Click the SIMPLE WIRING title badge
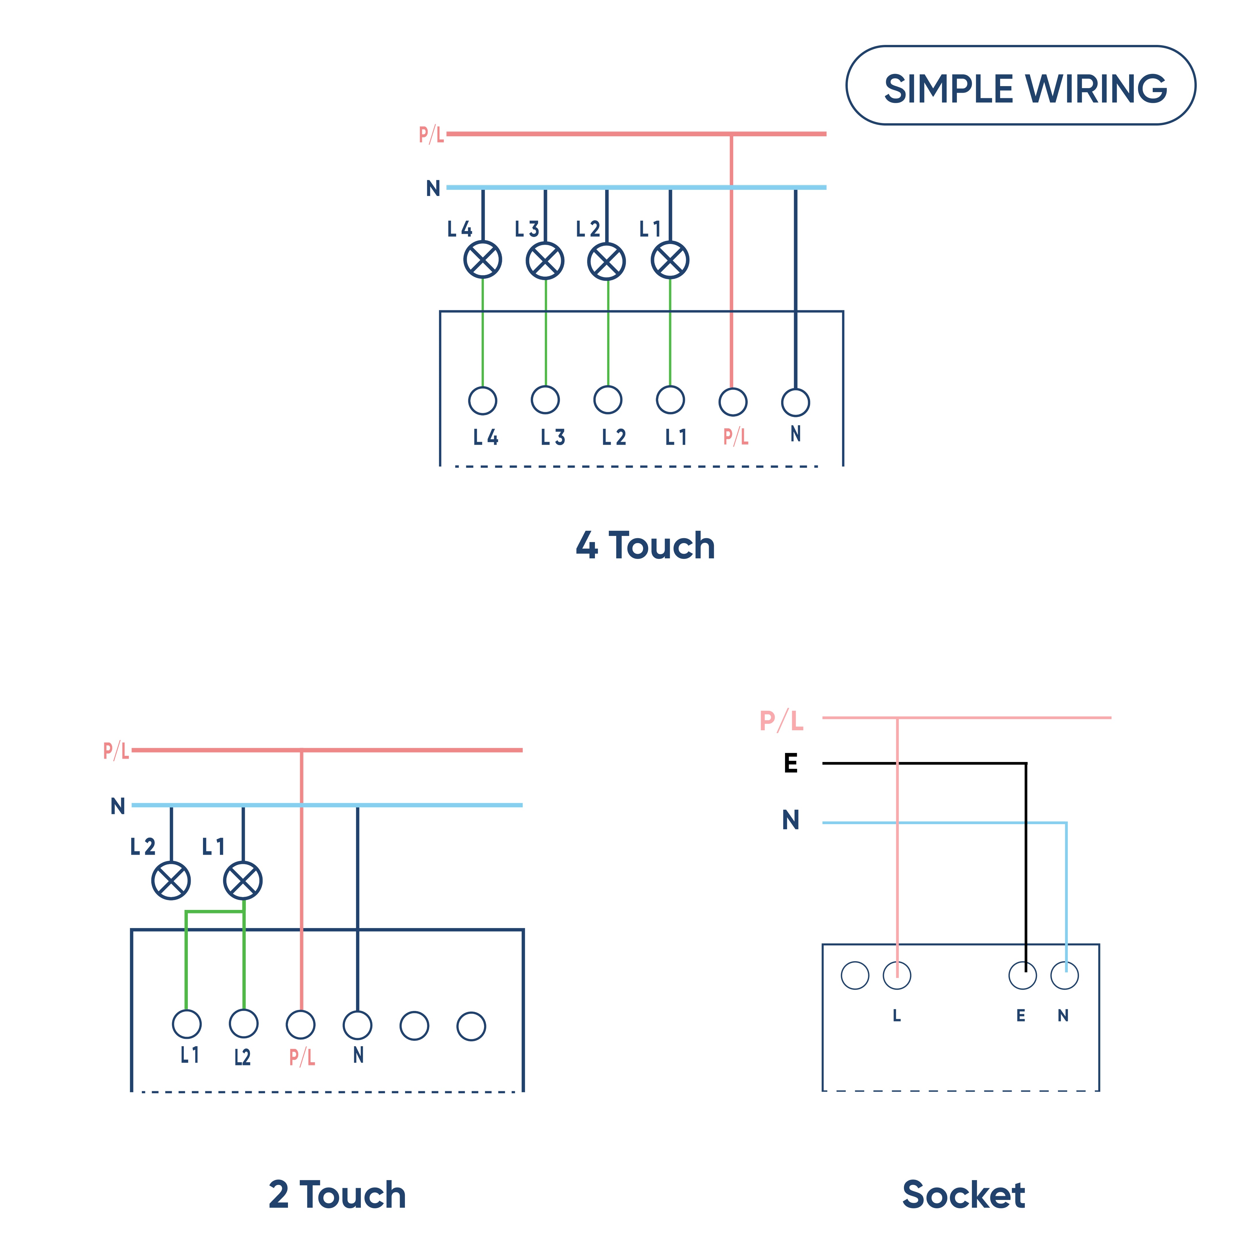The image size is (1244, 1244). pyautogui.click(x=1021, y=86)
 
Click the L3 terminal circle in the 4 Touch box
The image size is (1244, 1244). pyautogui.click(x=545, y=400)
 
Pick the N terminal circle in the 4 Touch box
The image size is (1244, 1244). pyautogui.click(x=795, y=403)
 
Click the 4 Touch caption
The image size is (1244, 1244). pyautogui.click(x=645, y=546)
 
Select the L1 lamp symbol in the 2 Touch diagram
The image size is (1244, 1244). pyautogui.click(x=243, y=880)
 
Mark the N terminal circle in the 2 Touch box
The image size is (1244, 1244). pyautogui.click(x=357, y=1025)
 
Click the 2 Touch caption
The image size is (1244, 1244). pyautogui.click(x=337, y=1195)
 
